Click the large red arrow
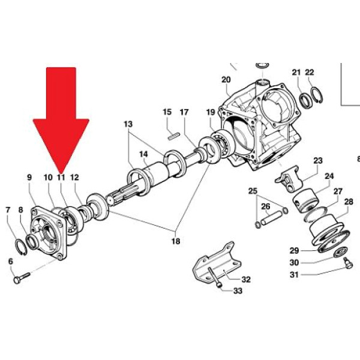click(x=61, y=115)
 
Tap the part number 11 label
click(x=61, y=178)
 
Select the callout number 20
click(x=226, y=80)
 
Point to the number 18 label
click(x=176, y=241)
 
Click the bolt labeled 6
click(x=22, y=278)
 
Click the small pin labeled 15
click(x=173, y=135)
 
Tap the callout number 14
click(x=144, y=154)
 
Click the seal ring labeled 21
click(x=306, y=100)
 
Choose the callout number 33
click(x=238, y=291)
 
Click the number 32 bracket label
click(x=246, y=280)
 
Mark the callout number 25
click(x=253, y=191)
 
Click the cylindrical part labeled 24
click(x=305, y=200)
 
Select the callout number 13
click(x=128, y=124)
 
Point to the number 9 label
click(x=29, y=178)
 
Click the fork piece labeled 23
click(x=289, y=179)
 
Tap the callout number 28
click(x=348, y=202)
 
